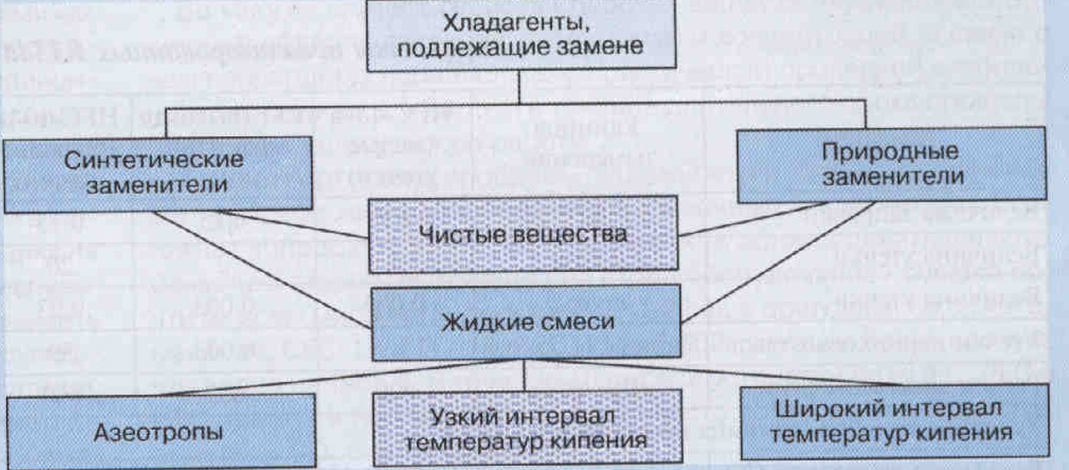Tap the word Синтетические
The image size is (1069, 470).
pos(155,159)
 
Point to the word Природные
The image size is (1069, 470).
pos(888,152)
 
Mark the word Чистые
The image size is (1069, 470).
pos(469,234)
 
